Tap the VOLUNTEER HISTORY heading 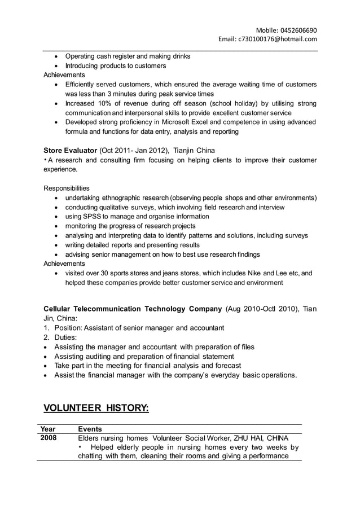click(x=96, y=407)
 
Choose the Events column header click(x=90, y=429)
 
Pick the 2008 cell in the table click(x=49, y=438)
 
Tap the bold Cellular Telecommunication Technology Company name click(x=133, y=309)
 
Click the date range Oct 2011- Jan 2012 click(x=133, y=151)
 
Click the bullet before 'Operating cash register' click(x=55, y=56)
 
